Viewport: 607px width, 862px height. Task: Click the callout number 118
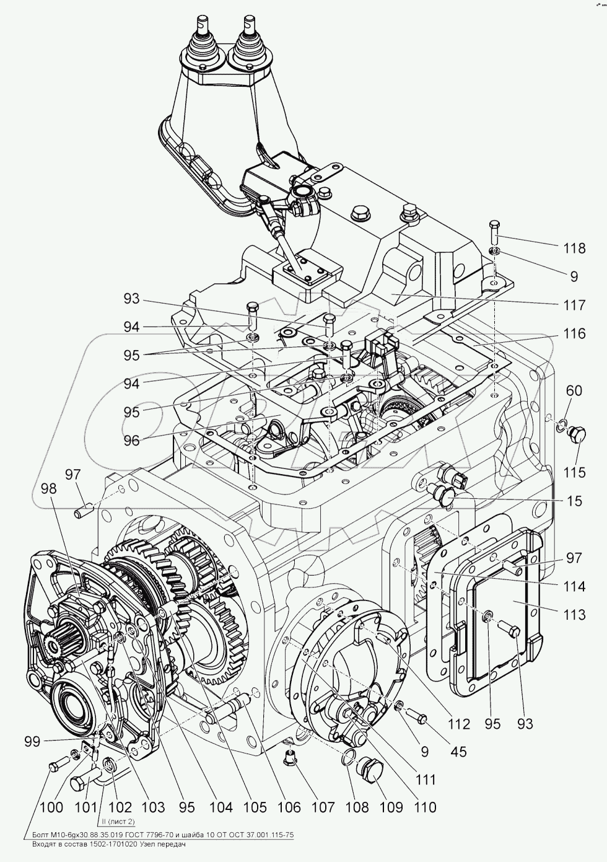[574, 248]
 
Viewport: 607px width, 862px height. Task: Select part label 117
[574, 305]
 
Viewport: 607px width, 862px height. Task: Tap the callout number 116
[574, 334]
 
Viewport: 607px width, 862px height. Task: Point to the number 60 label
[574, 390]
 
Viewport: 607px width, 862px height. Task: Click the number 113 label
[574, 615]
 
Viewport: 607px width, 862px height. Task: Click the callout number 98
[49, 488]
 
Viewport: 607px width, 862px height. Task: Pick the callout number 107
[322, 807]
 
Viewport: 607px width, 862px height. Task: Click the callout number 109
[390, 807]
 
